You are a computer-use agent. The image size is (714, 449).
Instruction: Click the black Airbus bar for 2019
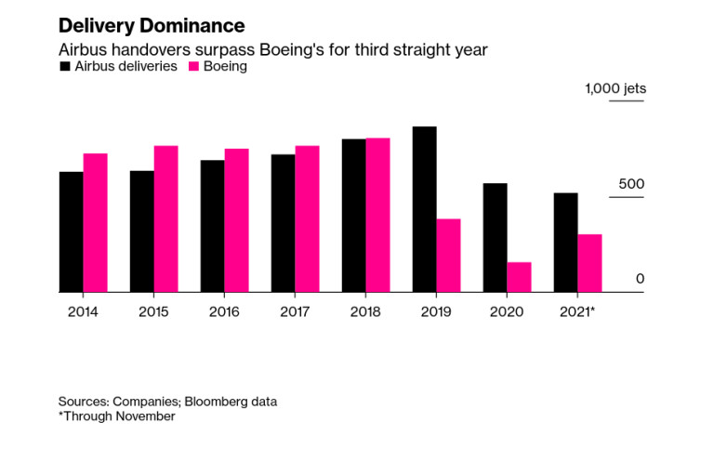[x=424, y=209]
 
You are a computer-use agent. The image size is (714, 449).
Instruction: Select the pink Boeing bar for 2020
[x=519, y=277]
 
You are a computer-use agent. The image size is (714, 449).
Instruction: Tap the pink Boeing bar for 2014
[x=95, y=223]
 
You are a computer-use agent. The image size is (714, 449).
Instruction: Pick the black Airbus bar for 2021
[x=565, y=243]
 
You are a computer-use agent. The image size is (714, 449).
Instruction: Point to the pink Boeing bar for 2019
[x=448, y=256]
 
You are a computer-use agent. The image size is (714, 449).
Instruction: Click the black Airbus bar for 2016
[x=212, y=226]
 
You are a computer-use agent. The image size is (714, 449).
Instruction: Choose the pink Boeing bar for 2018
[x=377, y=215]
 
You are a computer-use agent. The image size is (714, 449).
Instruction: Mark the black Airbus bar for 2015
[x=141, y=231]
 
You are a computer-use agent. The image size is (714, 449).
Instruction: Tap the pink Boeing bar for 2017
[x=307, y=218]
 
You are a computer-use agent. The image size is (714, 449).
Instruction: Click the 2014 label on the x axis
[x=83, y=311]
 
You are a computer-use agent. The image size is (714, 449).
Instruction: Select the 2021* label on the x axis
[x=577, y=311]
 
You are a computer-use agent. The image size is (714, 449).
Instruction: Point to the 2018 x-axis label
[x=365, y=311]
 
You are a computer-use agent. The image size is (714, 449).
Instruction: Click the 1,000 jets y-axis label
[x=615, y=89]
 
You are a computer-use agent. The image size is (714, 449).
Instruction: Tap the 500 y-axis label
[x=631, y=184]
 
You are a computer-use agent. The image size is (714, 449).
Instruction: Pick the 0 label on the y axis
[x=640, y=279]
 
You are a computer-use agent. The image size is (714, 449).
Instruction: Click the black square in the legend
[x=64, y=67]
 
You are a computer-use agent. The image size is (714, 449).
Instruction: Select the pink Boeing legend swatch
[x=194, y=67]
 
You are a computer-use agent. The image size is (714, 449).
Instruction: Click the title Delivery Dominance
[x=152, y=25]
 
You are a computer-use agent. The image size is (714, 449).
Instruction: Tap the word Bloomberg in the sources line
[x=214, y=401]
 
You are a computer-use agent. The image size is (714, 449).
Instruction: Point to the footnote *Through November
[x=116, y=416]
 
